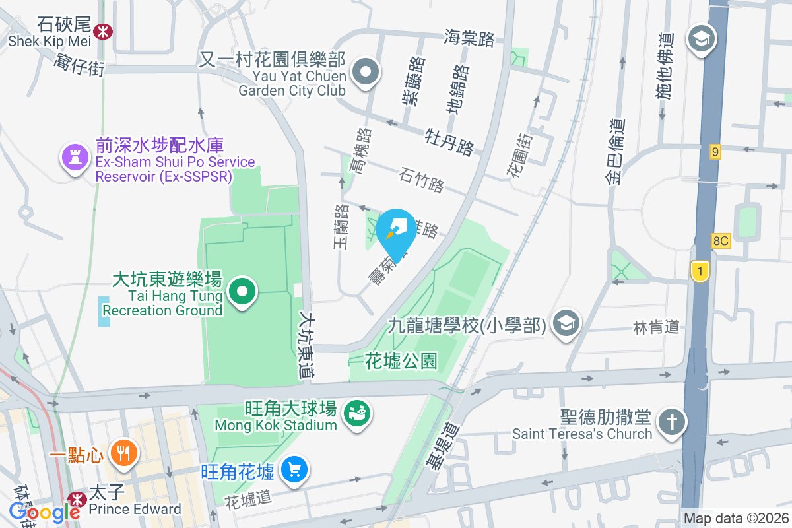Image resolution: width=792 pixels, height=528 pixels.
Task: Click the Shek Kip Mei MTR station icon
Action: click(x=102, y=30)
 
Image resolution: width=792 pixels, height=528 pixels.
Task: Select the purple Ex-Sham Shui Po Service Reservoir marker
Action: click(x=75, y=158)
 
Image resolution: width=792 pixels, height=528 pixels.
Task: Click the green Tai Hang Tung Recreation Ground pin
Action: click(x=242, y=291)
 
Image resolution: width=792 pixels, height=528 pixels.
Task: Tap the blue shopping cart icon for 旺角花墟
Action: click(x=294, y=470)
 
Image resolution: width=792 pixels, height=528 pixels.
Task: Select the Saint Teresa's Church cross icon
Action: click(x=672, y=422)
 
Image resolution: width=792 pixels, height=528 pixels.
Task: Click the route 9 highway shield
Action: click(x=715, y=152)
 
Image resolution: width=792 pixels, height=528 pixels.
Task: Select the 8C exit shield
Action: click(x=721, y=241)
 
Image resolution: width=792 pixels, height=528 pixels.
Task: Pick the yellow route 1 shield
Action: click(x=699, y=271)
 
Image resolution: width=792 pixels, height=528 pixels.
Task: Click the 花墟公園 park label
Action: click(x=401, y=361)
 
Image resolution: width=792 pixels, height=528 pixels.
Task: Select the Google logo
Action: click(x=45, y=511)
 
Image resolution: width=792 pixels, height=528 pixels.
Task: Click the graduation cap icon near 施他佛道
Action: click(x=701, y=39)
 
